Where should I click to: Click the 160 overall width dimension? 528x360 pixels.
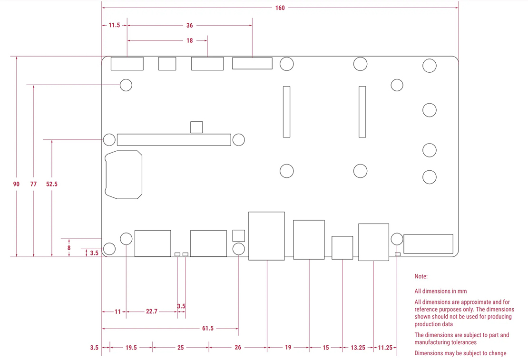[x=280, y=8]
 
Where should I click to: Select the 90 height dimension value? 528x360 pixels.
[x=17, y=184]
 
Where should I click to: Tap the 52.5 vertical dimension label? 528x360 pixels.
[x=52, y=184]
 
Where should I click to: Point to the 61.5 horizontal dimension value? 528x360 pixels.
[x=208, y=328]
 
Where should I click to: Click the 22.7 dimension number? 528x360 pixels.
[x=152, y=312]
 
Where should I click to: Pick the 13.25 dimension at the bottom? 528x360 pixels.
[x=358, y=348]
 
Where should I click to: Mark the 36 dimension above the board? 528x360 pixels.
[x=190, y=26]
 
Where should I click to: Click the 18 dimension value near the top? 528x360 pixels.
[x=190, y=41]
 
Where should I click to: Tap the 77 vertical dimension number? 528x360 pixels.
[x=33, y=184]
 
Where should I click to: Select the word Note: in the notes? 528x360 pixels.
[x=421, y=276]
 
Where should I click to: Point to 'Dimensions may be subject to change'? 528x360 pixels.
[x=460, y=353]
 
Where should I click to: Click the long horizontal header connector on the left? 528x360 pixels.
[x=174, y=140]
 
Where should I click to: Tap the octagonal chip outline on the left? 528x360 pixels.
[x=123, y=175]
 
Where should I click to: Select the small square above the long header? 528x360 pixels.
[x=196, y=127]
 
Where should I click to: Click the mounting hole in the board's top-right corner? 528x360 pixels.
[x=430, y=66]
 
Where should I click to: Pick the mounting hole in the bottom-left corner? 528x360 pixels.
[x=109, y=249]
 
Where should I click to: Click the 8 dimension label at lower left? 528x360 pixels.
[x=69, y=248]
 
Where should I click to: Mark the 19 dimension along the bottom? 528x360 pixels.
[x=288, y=348]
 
